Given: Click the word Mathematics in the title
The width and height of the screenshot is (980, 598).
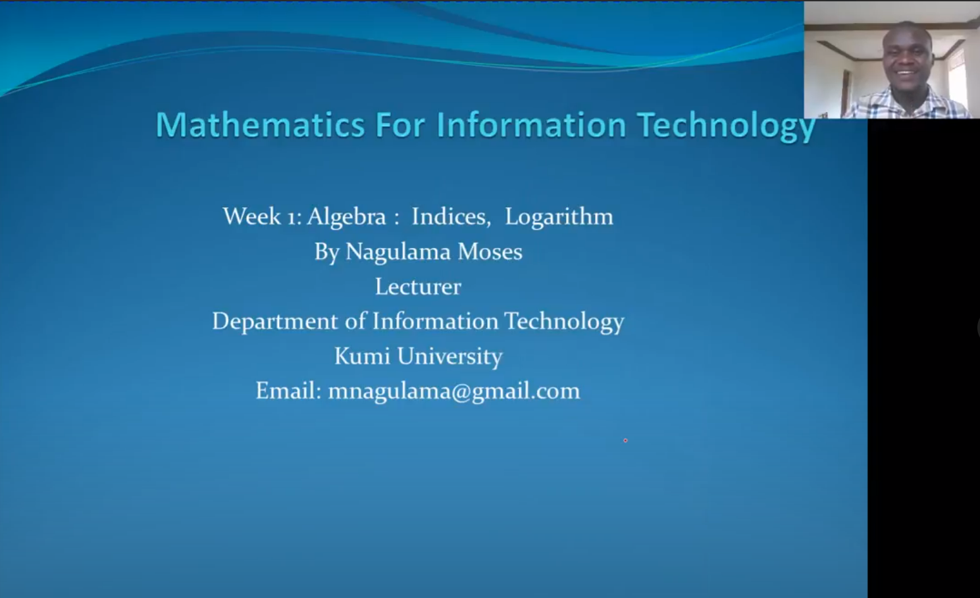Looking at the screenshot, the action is click(x=261, y=125).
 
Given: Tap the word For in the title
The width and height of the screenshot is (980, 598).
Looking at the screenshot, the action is click(x=400, y=125).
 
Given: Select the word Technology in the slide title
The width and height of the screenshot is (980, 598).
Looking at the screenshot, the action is click(x=726, y=127).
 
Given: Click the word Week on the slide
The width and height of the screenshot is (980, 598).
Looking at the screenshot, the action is click(x=252, y=216).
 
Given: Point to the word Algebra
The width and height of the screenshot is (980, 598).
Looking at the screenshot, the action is click(x=346, y=216).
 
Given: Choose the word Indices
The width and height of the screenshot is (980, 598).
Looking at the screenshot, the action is click(x=451, y=216).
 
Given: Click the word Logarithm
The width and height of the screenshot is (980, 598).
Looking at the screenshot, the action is click(x=559, y=217).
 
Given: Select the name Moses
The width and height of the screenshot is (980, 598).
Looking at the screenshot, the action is click(x=490, y=251).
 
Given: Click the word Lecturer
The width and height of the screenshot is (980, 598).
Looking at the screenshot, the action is click(x=418, y=287).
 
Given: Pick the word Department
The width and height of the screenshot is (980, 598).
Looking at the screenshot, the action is click(x=275, y=322).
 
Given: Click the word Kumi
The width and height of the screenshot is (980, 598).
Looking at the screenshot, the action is click(x=362, y=356).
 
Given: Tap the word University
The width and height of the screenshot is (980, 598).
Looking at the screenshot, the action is click(x=450, y=357).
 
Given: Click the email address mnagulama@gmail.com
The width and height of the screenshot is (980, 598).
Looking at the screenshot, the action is click(x=454, y=391).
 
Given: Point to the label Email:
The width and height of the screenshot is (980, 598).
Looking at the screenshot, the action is click(x=289, y=391).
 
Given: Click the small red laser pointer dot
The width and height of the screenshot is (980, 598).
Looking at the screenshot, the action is click(x=625, y=441).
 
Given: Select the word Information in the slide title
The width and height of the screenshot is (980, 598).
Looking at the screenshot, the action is click(x=532, y=125).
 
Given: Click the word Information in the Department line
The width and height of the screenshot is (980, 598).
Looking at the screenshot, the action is click(x=435, y=321).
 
